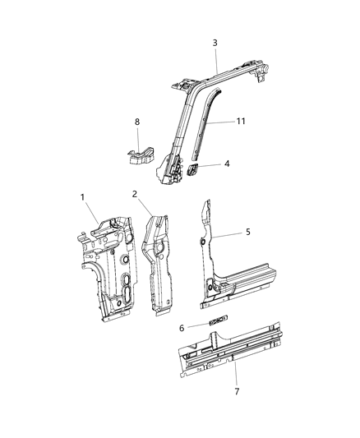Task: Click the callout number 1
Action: [x=82, y=196]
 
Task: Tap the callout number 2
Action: [x=134, y=194]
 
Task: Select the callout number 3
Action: [x=215, y=43]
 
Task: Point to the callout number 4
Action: [x=227, y=164]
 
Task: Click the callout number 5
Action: [x=247, y=233]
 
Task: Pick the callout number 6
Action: [x=182, y=328]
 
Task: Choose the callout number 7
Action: [x=237, y=391]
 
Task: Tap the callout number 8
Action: [x=137, y=122]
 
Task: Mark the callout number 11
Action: [x=240, y=121]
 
